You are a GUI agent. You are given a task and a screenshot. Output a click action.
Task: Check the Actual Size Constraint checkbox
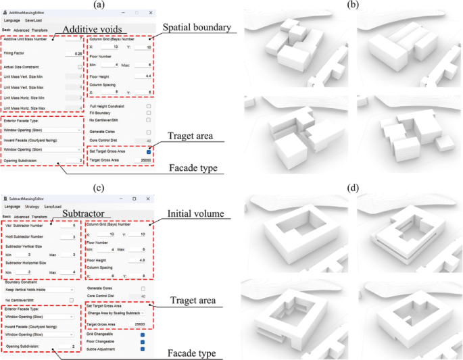[x=80, y=67]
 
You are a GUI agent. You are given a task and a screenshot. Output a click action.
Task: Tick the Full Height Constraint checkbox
[x=147, y=107]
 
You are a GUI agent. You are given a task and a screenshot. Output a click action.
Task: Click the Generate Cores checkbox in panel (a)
[x=147, y=132]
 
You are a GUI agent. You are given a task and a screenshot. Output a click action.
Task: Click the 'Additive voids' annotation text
[x=92, y=30]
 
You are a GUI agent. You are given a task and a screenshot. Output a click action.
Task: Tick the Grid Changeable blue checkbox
[x=142, y=334]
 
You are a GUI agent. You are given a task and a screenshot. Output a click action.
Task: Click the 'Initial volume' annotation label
[x=195, y=214]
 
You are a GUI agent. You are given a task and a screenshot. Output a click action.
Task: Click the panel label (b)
[x=352, y=5]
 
